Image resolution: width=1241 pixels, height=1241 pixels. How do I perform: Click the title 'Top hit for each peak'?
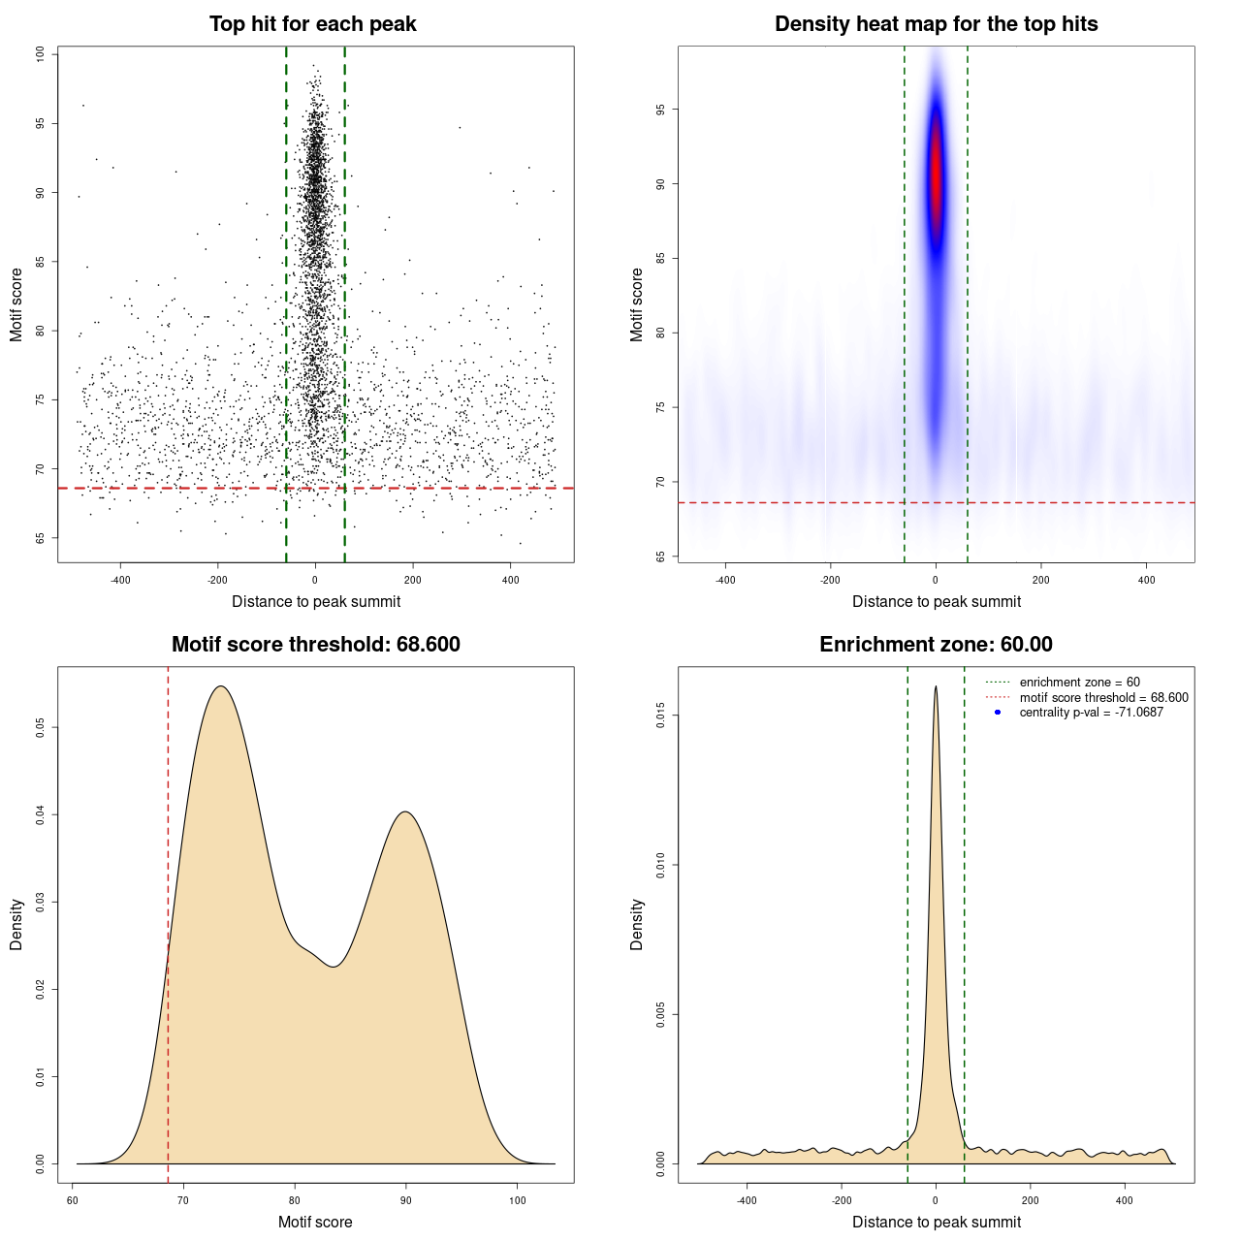pyautogui.click(x=312, y=24)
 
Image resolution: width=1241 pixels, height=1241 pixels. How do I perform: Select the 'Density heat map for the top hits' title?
pyautogui.click(x=936, y=24)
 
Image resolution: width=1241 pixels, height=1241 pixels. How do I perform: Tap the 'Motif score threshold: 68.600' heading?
pyautogui.click(x=315, y=645)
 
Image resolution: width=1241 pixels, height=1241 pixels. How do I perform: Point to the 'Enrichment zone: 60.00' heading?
pyautogui.click(x=936, y=645)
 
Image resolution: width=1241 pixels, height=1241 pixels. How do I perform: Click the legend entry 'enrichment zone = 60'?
pyautogui.click(x=1079, y=683)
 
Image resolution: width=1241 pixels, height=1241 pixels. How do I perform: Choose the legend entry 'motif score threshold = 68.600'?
pyautogui.click(x=1103, y=697)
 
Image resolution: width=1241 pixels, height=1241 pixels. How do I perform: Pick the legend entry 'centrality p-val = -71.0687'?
pyautogui.click(x=1091, y=713)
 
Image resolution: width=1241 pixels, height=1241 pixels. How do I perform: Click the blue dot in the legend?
pyautogui.click(x=998, y=713)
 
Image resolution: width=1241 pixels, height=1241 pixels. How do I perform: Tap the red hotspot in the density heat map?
pyautogui.click(x=936, y=179)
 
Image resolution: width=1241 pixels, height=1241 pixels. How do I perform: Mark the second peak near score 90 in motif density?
pyautogui.click(x=405, y=812)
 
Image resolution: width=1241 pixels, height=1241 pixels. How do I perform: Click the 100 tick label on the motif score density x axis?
pyautogui.click(x=517, y=1200)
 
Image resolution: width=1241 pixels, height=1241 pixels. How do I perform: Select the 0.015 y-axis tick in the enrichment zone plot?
pyautogui.click(x=660, y=716)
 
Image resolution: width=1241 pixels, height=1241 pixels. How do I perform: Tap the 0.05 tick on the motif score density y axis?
pyautogui.click(x=40, y=727)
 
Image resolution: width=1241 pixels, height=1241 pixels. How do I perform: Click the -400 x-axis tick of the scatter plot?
pyautogui.click(x=120, y=580)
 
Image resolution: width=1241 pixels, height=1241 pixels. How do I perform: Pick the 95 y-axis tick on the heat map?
pyautogui.click(x=660, y=110)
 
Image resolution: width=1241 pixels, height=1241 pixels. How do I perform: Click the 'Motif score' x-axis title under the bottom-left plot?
pyautogui.click(x=315, y=1222)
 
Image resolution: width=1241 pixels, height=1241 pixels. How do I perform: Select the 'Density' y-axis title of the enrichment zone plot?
pyautogui.click(x=637, y=924)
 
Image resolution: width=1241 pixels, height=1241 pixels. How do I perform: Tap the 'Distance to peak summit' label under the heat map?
pyautogui.click(x=936, y=601)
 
